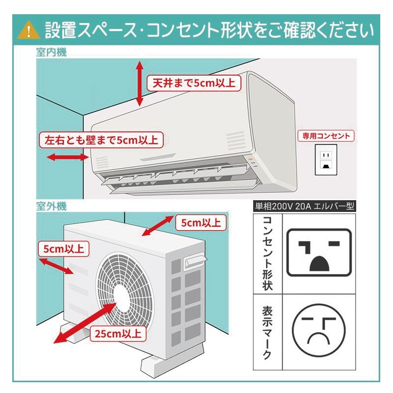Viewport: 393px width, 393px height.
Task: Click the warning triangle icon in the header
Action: pyautogui.click(x=28, y=30)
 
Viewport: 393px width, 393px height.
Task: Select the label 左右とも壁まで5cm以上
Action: pyautogui.click(x=101, y=140)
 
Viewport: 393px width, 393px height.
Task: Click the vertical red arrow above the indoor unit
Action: pyautogui.click(x=140, y=83)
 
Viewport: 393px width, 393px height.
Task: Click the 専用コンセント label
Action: pyautogui.click(x=326, y=136)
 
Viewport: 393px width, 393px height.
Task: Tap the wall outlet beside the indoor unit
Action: pyautogui.click(x=325, y=160)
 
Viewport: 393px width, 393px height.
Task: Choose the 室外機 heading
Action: pyautogui.click(x=51, y=206)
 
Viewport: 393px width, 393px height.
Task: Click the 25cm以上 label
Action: pyautogui.click(x=117, y=334)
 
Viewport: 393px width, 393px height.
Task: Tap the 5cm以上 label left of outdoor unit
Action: pyautogui.click(x=63, y=248)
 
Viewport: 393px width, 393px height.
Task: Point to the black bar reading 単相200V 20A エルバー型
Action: pyautogui.click(x=304, y=207)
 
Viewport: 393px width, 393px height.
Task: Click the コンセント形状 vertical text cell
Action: pyautogui.click(x=267, y=253)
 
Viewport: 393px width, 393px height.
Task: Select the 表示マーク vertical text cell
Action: pyautogui.click(x=267, y=332)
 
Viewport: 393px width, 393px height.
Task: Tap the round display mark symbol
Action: pyautogui.click(x=319, y=332)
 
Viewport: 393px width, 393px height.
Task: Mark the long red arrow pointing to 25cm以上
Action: pyautogui.click(x=83, y=321)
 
